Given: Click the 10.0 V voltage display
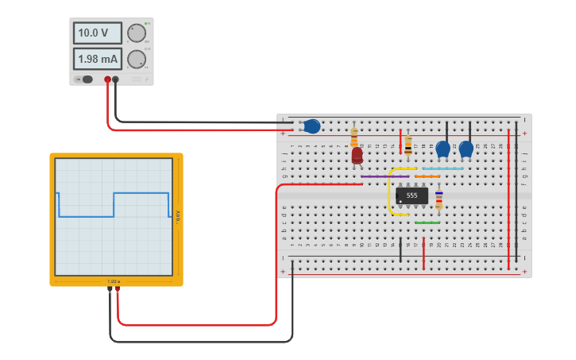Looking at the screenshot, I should click(x=97, y=33).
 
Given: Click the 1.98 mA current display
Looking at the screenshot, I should click(x=97, y=59).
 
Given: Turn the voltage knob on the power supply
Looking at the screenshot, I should click(x=137, y=33).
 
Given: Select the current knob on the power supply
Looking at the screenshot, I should click(x=137, y=59).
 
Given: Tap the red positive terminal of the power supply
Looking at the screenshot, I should click(x=107, y=79).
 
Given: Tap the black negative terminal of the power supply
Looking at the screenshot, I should click(x=116, y=79).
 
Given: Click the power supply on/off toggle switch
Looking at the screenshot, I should click(x=85, y=79).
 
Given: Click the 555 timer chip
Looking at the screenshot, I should click(x=412, y=195).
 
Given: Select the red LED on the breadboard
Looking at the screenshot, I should click(x=357, y=155).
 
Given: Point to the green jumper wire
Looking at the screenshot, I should click(x=427, y=223).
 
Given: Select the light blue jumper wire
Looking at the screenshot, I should click(x=443, y=168).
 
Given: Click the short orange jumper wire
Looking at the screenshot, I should click(x=427, y=176).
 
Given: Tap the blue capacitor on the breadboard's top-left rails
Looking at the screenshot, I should click(x=311, y=126).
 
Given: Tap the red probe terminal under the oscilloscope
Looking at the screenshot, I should click(x=118, y=290).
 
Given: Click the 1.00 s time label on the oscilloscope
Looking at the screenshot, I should click(x=113, y=281).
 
